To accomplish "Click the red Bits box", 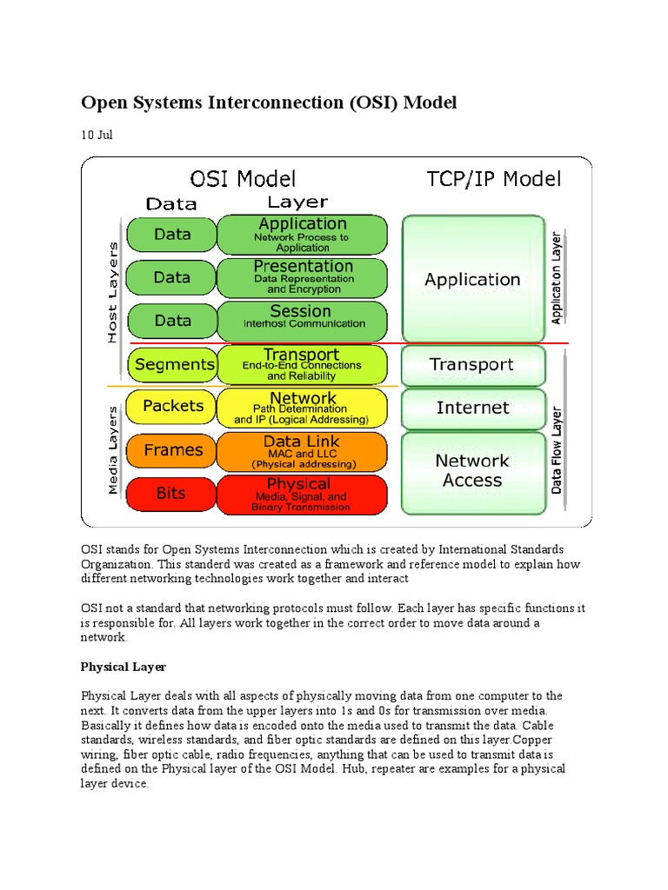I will (x=170, y=493).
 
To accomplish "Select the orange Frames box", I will (x=172, y=450).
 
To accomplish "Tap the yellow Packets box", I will (x=172, y=406).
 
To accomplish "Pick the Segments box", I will (x=174, y=364).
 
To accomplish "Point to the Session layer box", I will (x=301, y=317).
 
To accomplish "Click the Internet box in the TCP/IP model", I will (x=473, y=408).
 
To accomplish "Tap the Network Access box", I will (x=473, y=470).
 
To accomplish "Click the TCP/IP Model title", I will (x=493, y=180).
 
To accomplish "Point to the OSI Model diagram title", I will (x=243, y=180).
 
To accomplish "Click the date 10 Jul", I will (x=97, y=135).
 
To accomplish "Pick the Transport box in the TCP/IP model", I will (x=473, y=364).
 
